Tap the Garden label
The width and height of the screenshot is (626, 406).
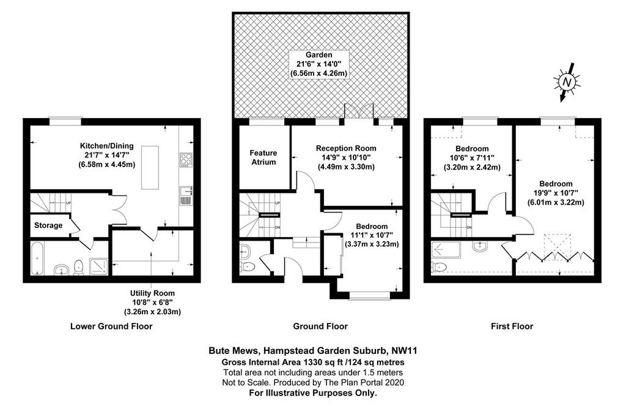(x=319, y=55)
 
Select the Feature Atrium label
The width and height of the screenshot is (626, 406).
(x=263, y=157)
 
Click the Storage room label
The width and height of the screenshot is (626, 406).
(x=48, y=225)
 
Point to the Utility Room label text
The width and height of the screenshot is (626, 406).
(x=152, y=293)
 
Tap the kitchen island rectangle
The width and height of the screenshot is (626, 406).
(x=150, y=168)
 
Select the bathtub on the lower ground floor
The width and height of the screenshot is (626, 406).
(x=38, y=258)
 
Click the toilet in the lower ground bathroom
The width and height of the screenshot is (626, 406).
(x=79, y=267)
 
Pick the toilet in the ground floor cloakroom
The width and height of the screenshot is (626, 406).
(x=248, y=266)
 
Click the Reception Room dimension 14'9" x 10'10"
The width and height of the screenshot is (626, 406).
(x=346, y=157)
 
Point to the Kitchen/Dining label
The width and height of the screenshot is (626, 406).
(x=107, y=146)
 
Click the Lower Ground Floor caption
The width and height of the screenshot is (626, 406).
(x=111, y=326)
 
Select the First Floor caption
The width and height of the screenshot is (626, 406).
(x=512, y=326)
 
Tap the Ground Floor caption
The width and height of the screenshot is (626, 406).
(x=320, y=326)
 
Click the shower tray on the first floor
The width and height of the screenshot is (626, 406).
(x=446, y=249)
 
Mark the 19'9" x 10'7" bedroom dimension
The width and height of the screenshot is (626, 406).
(x=556, y=193)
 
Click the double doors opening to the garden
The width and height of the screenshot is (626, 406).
(x=359, y=111)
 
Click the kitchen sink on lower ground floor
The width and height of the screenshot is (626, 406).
(x=186, y=195)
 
